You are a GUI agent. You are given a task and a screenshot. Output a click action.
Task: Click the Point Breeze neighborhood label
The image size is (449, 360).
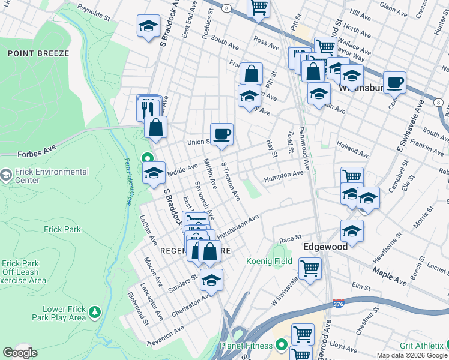click(38, 53)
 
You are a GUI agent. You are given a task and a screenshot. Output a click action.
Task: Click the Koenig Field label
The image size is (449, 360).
click(269, 261)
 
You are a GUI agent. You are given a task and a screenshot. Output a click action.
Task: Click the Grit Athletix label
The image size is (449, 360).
click(423, 346)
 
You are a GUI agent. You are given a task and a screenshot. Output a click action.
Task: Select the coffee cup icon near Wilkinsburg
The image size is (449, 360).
click(394, 82)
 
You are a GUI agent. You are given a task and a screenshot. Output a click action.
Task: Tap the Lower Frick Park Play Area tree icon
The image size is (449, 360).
click(94, 313)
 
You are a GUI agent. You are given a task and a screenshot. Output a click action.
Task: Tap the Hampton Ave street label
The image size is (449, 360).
click(284, 175)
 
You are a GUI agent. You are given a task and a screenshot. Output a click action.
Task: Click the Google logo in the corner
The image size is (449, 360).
click(20, 353)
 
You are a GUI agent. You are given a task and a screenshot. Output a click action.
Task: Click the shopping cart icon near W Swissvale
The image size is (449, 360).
click(310, 268)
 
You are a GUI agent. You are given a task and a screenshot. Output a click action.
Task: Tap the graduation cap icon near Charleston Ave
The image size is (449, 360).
click(211, 280)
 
